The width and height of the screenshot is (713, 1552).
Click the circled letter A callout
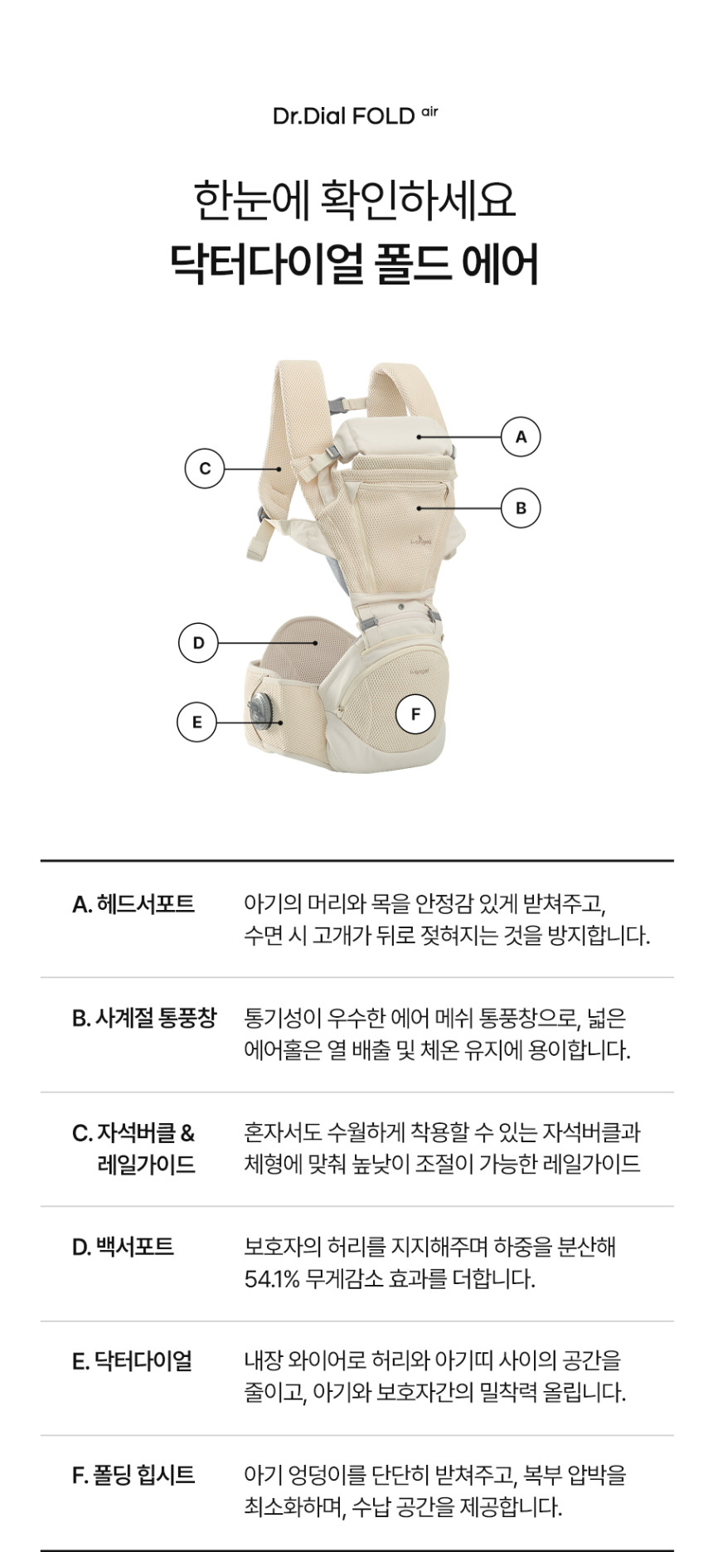coord(521,436)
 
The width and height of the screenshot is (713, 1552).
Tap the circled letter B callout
coord(521,508)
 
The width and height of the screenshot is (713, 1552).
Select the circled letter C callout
coord(205,468)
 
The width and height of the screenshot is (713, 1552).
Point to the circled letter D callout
coord(198,642)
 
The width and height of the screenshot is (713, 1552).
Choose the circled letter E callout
coord(196,722)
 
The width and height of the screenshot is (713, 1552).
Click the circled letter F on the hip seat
coord(415,713)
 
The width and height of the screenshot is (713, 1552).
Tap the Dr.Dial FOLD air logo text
coord(355,115)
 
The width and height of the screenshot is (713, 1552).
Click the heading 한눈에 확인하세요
coord(355,200)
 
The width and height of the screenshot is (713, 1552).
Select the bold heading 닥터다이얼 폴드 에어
coord(355,264)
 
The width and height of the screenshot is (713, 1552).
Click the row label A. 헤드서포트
coord(133,903)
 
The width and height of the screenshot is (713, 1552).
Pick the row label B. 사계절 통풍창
coord(144,1018)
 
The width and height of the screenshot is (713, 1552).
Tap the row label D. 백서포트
coord(123,1247)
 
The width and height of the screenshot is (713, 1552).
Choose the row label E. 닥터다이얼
coord(133,1361)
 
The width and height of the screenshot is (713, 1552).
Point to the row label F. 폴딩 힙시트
coord(133,1475)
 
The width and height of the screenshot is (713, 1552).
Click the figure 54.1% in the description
coord(271,1279)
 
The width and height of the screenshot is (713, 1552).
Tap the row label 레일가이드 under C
coord(146,1165)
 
